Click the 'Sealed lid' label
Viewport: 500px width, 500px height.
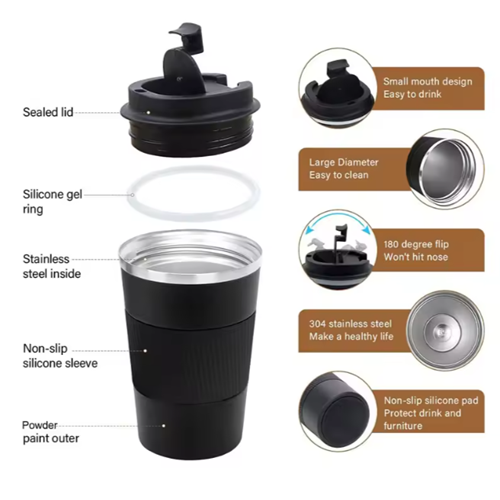(48, 112)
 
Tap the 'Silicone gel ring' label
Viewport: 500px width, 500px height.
(52, 202)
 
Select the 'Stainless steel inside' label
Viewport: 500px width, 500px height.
(52, 266)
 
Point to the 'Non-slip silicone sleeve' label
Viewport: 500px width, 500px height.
(60, 356)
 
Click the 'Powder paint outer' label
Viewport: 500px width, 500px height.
(51, 432)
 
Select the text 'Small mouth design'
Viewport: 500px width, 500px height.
(428, 82)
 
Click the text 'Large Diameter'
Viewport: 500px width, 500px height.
(344, 162)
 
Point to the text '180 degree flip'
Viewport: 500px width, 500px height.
(416, 244)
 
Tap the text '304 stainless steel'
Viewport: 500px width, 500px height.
(350, 324)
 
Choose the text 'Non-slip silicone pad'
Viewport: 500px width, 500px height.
(431, 400)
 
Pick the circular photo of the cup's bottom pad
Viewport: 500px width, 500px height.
(337, 411)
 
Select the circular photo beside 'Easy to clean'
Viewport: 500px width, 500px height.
(445, 169)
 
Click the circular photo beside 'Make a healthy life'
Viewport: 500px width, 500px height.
(445, 330)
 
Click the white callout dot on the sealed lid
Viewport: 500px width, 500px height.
(148, 113)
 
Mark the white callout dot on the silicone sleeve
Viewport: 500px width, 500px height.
(145, 351)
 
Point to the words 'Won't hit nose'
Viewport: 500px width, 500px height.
(416, 257)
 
